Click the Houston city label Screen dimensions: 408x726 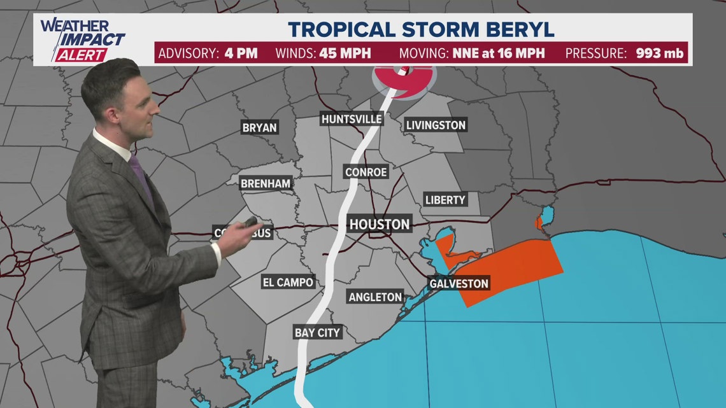(x=380, y=224)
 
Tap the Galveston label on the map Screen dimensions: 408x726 (x=459, y=283)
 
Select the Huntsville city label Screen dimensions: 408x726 (x=352, y=119)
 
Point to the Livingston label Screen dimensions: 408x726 (x=436, y=125)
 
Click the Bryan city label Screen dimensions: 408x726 (x=260, y=127)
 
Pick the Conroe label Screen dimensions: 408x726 (x=366, y=172)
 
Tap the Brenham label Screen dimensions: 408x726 (x=266, y=184)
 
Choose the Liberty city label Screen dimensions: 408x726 (x=445, y=200)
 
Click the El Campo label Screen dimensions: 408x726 (x=288, y=282)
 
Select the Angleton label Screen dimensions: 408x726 (x=375, y=297)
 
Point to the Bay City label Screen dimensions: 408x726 (x=317, y=332)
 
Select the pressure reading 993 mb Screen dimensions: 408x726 (x=659, y=53)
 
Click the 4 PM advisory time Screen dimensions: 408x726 (x=241, y=53)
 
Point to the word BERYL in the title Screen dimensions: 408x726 (x=516, y=29)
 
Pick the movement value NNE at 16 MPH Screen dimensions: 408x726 (x=499, y=53)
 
